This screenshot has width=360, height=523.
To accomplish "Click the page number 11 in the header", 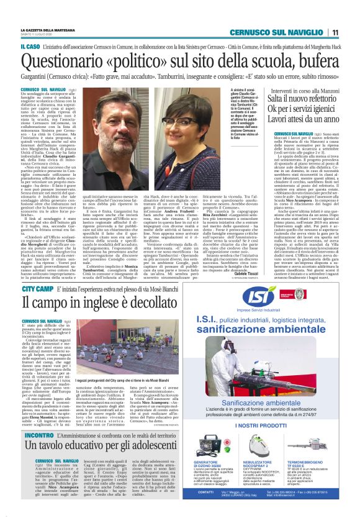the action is coord(335,32).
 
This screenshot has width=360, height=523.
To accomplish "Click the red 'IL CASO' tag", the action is coord(31,46).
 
